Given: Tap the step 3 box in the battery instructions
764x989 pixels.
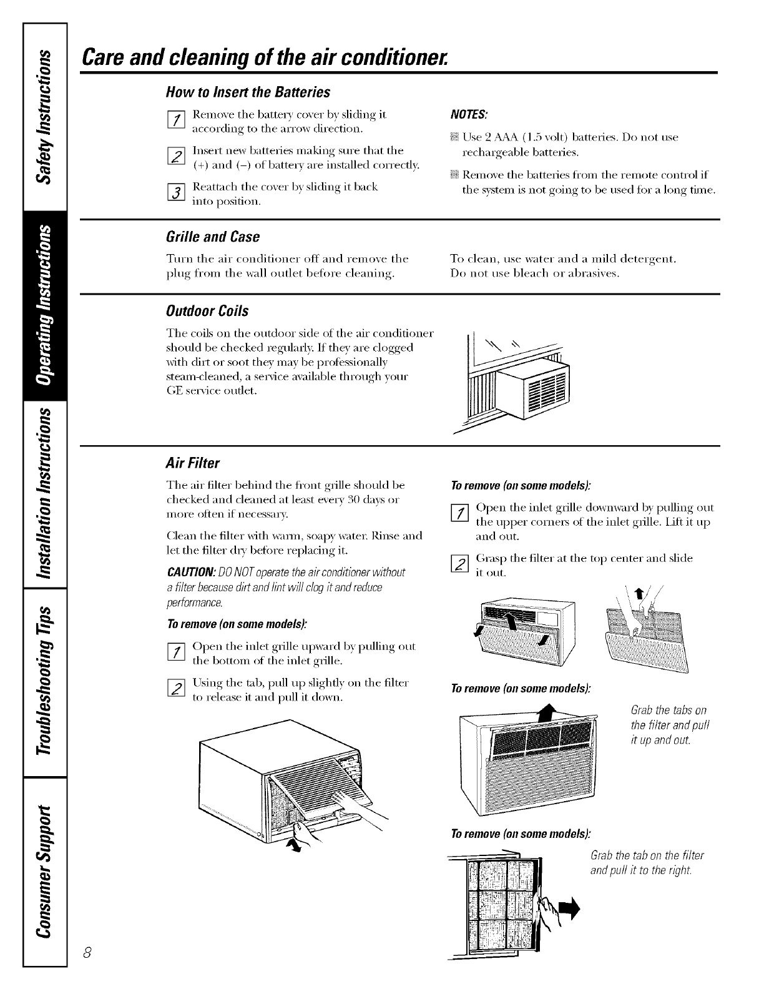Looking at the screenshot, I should pyautogui.click(x=178, y=194).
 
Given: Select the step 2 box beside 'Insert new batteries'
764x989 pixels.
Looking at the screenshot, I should pyautogui.click(x=178, y=157).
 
